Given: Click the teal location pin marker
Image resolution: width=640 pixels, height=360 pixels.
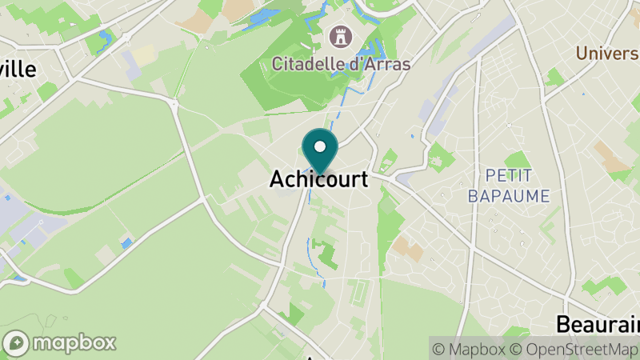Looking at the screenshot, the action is (320, 151).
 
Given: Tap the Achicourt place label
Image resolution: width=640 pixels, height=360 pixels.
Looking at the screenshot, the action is (319, 180).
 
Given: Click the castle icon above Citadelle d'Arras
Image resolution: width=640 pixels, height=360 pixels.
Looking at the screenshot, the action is (339, 36).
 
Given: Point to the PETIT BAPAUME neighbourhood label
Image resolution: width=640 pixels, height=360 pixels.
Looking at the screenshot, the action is (518, 185).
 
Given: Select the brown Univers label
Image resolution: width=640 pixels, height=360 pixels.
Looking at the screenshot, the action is (609, 53).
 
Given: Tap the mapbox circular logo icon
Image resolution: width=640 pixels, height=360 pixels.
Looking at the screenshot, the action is (16, 343).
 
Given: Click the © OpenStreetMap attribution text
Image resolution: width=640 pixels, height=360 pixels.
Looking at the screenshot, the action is (574, 349).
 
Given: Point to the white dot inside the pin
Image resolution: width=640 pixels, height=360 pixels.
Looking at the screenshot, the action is (320, 146).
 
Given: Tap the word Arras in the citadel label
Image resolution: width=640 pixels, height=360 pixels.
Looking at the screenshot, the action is (388, 62).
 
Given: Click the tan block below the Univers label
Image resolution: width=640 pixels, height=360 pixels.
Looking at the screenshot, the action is (616, 161).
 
